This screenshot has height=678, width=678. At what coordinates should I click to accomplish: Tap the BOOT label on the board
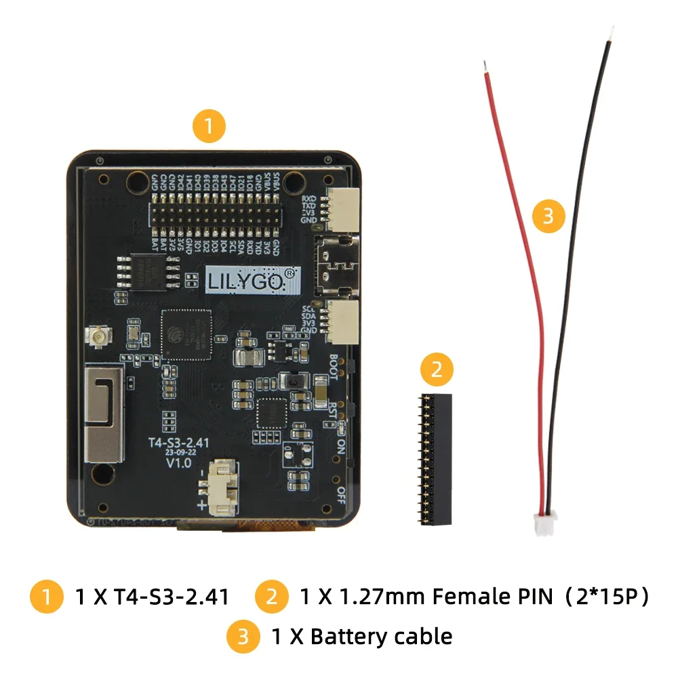[x=334, y=367]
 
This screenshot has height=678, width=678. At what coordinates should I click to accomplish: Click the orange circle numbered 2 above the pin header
[x=437, y=370]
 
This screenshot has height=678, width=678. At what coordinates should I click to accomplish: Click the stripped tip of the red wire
[x=485, y=66]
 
